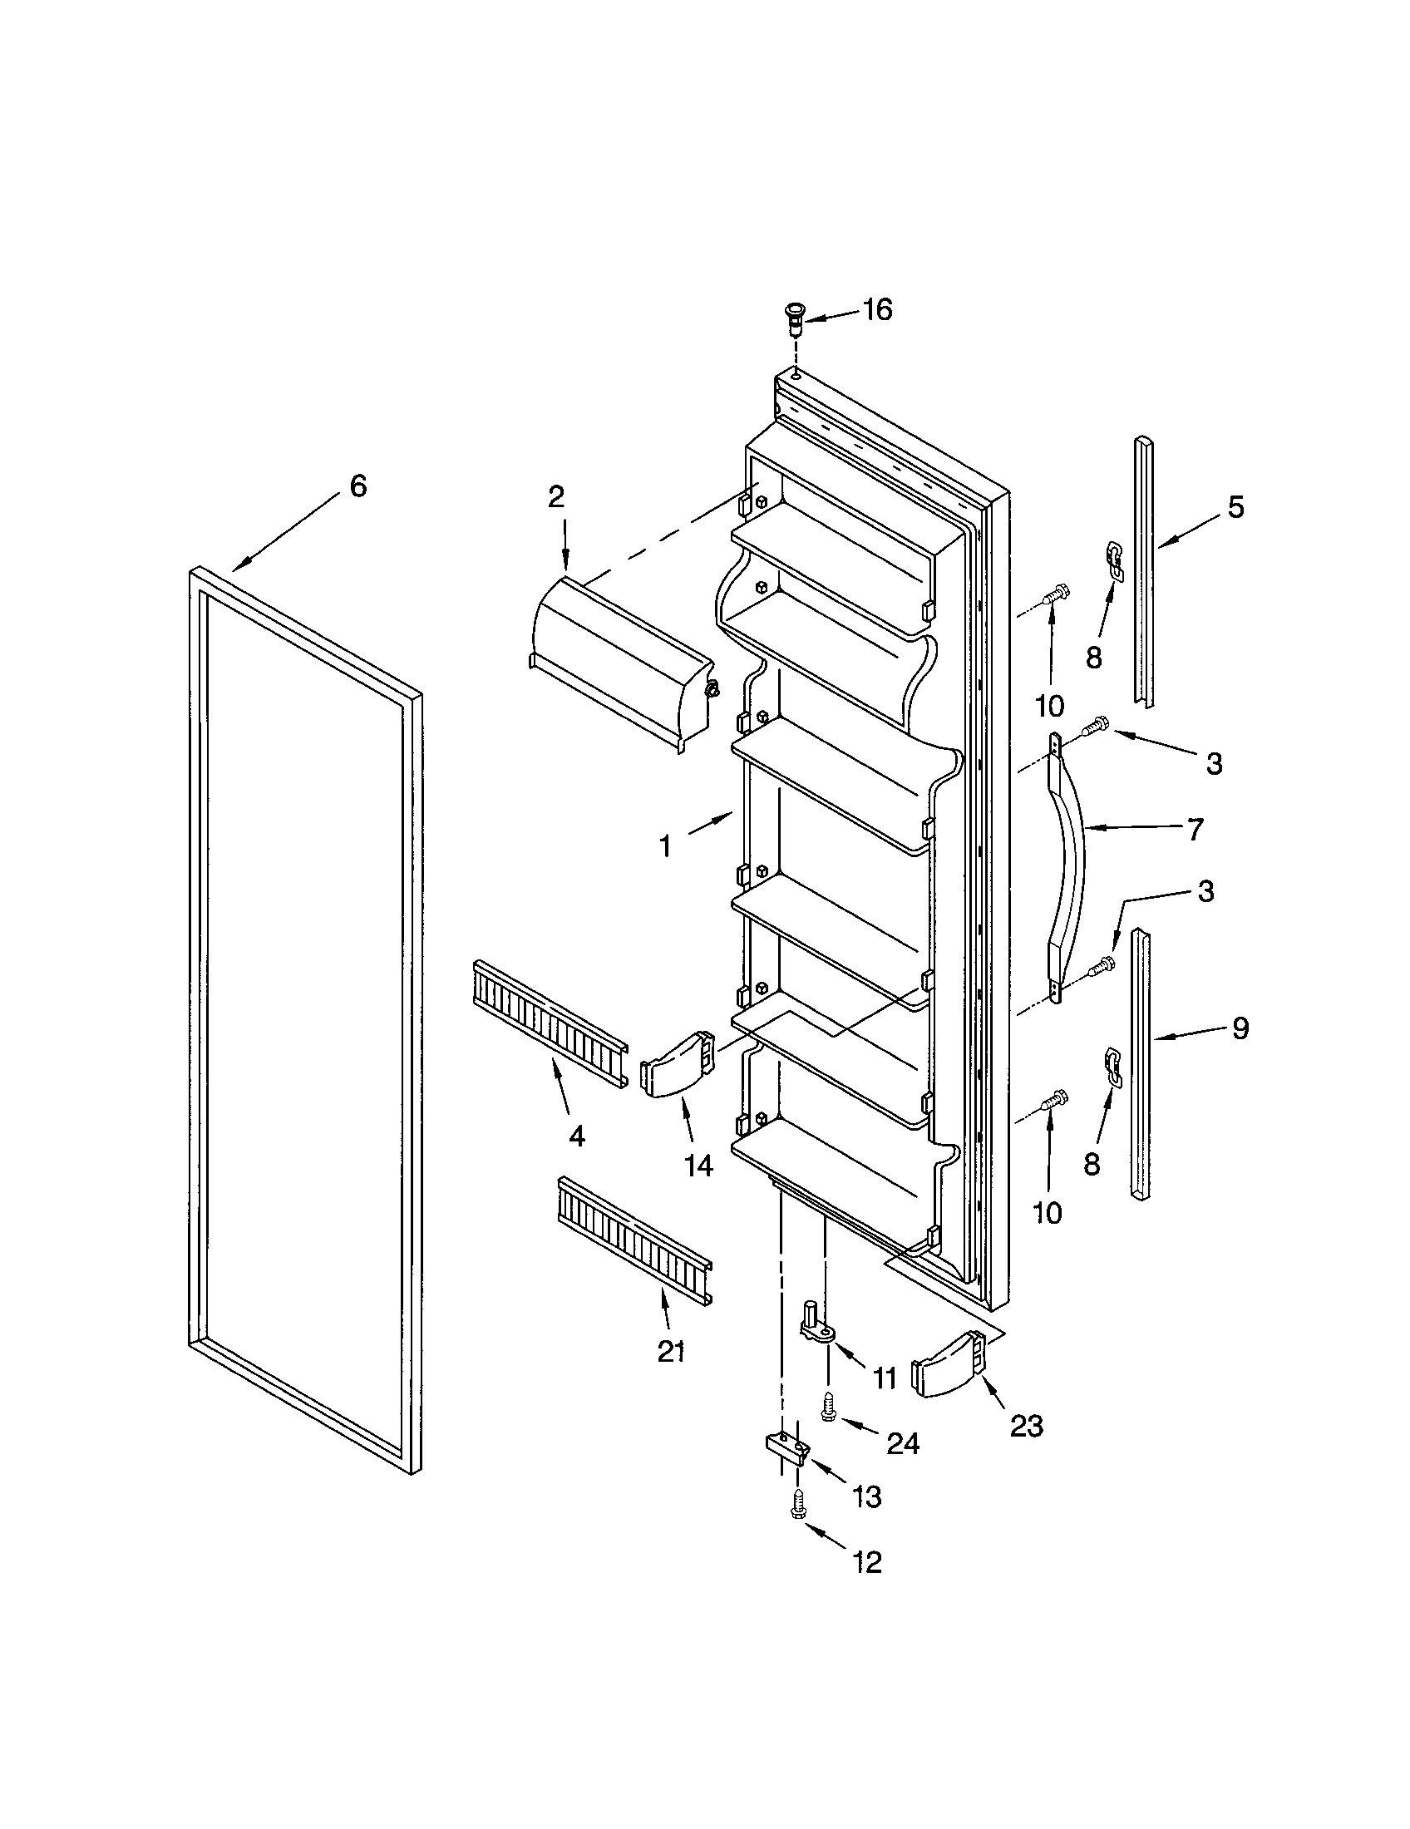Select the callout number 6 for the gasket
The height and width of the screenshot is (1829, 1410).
coord(358,486)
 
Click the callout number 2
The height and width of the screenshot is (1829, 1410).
coord(556,497)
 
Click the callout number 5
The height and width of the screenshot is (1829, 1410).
coord(1236,507)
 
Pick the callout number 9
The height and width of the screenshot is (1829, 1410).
coord(1240,1028)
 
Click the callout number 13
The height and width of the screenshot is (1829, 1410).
coord(867,1497)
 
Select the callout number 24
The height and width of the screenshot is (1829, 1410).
coord(904,1442)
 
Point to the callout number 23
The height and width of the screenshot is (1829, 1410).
coord(1026,1426)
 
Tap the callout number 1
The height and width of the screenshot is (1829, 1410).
coord(666,847)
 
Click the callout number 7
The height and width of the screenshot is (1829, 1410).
coord(1195,829)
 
